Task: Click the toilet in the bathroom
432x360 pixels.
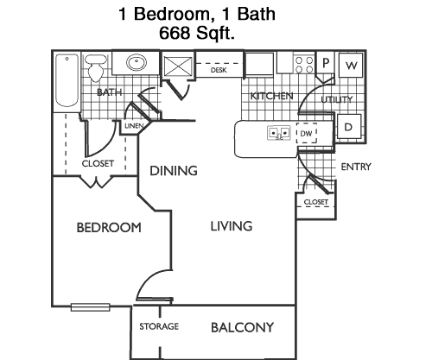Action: point(96,68)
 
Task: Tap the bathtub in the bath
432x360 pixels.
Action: point(67,80)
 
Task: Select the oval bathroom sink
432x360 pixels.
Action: point(137,62)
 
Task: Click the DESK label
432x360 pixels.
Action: point(219,70)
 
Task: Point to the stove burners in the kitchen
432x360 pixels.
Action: point(304,65)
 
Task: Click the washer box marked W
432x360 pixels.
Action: point(351,65)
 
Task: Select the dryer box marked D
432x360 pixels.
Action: point(349,126)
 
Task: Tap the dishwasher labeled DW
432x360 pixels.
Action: point(307,133)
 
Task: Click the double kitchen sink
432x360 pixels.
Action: point(278,133)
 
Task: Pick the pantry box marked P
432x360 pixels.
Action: point(326,62)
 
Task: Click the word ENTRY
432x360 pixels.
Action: point(356,167)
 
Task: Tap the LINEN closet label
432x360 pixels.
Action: point(134,126)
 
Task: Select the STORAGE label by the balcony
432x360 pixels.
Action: point(159,326)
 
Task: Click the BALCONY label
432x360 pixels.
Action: point(242,327)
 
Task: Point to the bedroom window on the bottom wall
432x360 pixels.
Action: point(91,307)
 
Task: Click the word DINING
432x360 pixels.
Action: point(174,171)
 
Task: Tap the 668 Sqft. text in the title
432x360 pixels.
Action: point(197,33)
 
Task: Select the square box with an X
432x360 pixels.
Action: point(178,66)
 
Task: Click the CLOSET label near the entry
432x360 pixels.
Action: point(316,202)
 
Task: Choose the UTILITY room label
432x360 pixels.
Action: point(337,99)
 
